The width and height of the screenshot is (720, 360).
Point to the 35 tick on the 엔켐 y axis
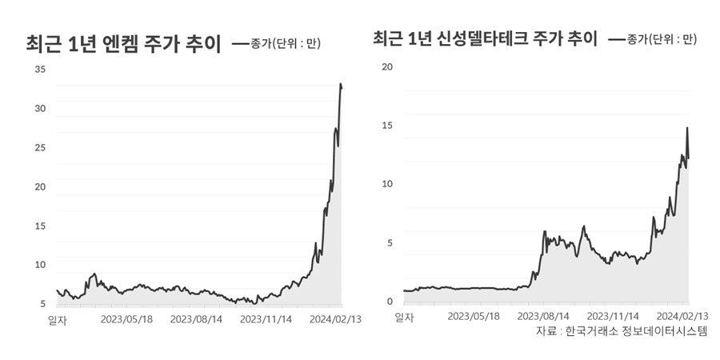(x=40, y=70)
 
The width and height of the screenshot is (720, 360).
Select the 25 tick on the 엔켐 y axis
(x=40, y=148)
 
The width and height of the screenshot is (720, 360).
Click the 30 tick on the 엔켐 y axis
(x=40, y=109)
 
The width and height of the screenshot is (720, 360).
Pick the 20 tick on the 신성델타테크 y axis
(x=388, y=66)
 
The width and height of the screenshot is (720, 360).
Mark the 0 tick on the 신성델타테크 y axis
(x=390, y=302)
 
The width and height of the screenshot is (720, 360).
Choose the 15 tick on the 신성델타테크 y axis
(x=388, y=126)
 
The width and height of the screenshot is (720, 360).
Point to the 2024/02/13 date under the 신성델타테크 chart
(x=682, y=316)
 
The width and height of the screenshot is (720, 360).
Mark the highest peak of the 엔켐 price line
(x=341, y=84)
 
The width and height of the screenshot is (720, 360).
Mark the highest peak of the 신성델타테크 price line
(x=687, y=128)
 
